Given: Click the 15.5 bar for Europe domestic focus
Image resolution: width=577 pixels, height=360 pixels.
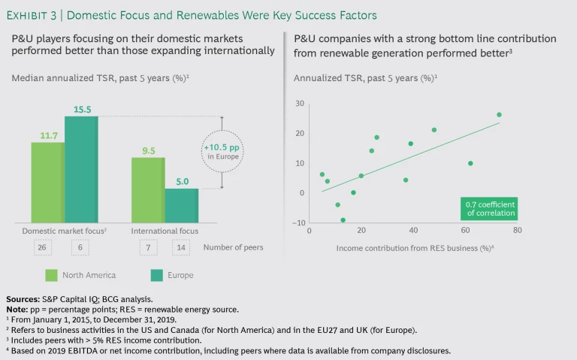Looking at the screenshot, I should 81,169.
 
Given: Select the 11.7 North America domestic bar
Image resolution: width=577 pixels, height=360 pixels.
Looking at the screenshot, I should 47,182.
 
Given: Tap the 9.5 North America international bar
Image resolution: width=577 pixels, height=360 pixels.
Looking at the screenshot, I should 148,189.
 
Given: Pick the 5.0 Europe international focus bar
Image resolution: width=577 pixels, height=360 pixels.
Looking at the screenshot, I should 182,205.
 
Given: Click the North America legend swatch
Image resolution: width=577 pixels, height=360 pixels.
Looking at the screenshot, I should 52,275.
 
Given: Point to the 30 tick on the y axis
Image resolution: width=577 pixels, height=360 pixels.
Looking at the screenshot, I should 300,103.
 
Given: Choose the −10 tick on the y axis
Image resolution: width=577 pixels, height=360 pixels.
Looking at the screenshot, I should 298,223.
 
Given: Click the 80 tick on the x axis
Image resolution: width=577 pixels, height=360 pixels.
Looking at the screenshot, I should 517,230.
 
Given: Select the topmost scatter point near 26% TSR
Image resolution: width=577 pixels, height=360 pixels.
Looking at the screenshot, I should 499,115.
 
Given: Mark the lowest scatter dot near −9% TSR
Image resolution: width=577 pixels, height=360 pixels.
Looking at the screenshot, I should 343,220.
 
